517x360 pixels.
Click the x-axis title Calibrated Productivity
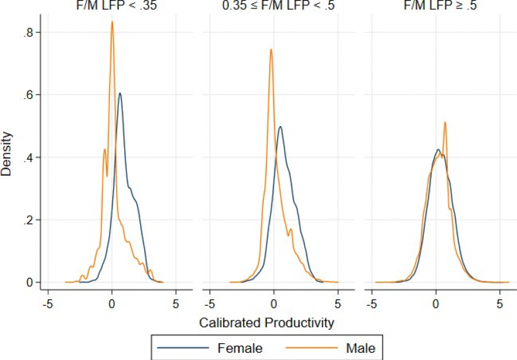click(x=267, y=322)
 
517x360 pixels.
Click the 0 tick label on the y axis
click(x=30, y=282)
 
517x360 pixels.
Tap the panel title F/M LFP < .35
click(x=112, y=5)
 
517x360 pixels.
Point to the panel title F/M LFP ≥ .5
click(x=436, y=5)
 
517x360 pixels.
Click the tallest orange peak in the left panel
click(x=112, y=22)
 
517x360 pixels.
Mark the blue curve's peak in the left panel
click(x=120, y=93)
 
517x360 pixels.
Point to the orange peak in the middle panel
click(x=271, y=49)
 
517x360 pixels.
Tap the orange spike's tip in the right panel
click(x=445, y=122)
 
